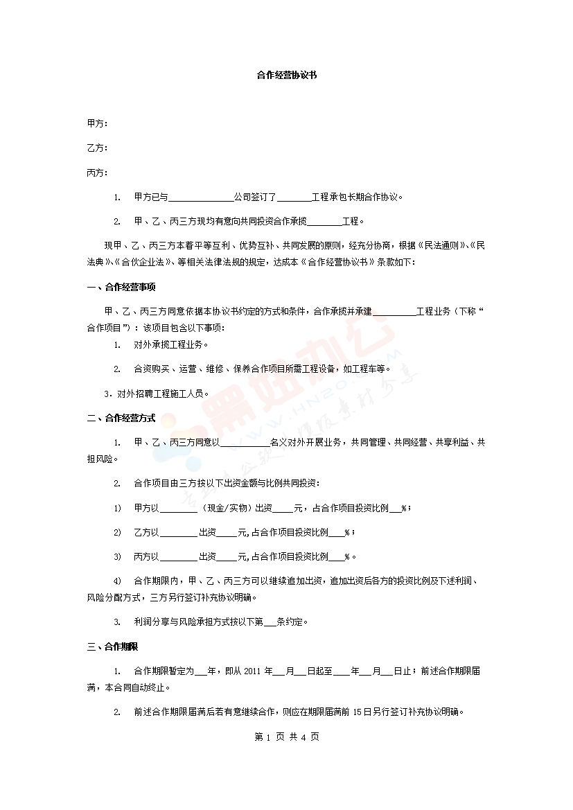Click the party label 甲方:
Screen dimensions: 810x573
98,123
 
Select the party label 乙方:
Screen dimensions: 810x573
98,148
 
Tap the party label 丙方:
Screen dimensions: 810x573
98,173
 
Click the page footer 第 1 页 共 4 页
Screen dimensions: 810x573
287,737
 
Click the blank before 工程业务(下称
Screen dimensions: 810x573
394,312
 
